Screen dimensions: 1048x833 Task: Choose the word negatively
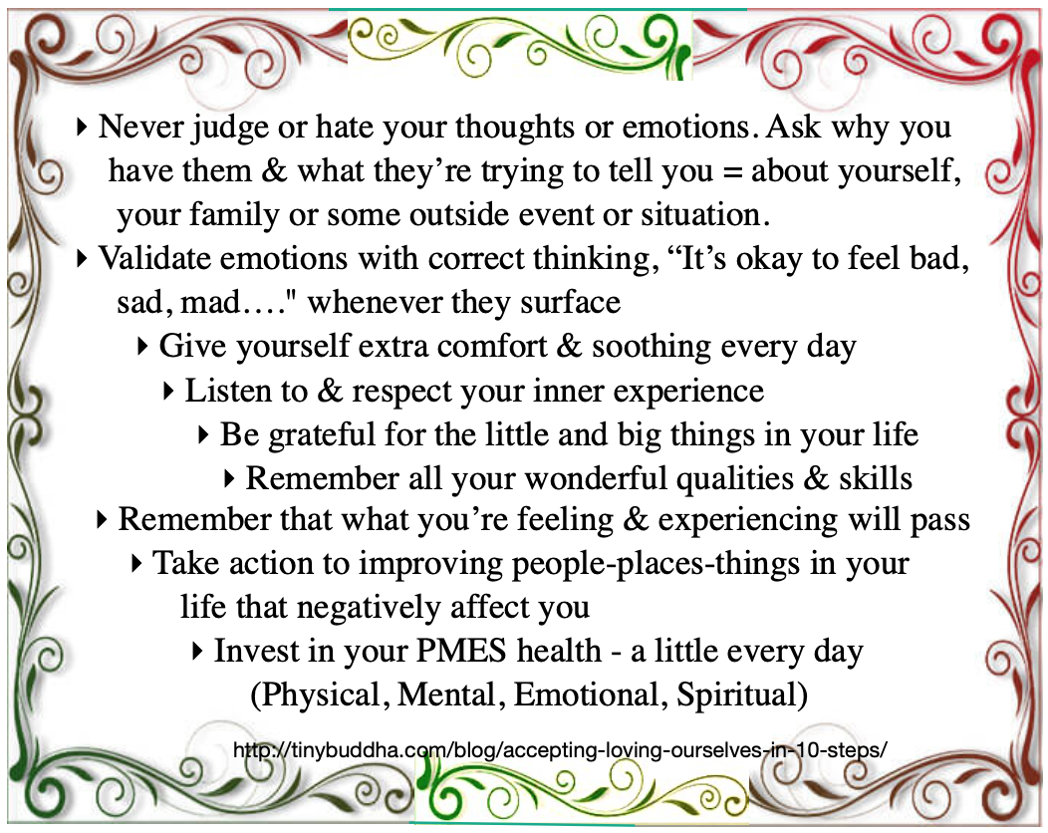pyautogui.click(x=369, y=607)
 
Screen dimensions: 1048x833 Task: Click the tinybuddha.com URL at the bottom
pyautogui.click(x=560, y=749)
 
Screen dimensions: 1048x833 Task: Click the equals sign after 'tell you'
pyautogui.click(x=732, y=171)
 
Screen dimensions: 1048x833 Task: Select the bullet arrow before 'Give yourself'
pyautogui.click(x=141, y=347)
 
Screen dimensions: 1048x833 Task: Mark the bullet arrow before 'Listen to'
pyautogui.click(x=168, y=391)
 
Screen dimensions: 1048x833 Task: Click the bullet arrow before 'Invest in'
pyautogui.click(x=196, y=651)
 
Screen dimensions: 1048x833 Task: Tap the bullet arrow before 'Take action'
pyautogui.click(x=136, y=564)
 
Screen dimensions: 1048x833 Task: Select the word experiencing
pyautogui.click(x=748, y=520)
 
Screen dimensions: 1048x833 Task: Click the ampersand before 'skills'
pyautogui.click(x=816, y=478)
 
